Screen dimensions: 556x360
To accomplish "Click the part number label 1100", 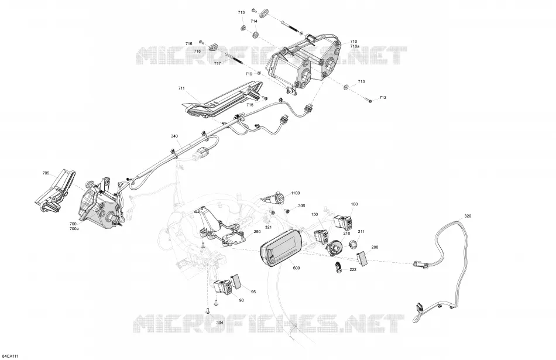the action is pyautogui.click(x=295, y=193).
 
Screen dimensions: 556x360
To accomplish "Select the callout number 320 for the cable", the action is pyautogui.click(x=468, y=216).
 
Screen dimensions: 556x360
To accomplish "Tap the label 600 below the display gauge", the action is pyautogui.click(x=297, y=268).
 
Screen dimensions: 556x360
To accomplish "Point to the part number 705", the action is pyautogui.click(x=46, y=173).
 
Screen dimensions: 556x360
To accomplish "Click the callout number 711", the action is pyautogui.click(x=181, y=88).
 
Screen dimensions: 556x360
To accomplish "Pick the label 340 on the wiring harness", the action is pyautogui.click(x=174, y=136).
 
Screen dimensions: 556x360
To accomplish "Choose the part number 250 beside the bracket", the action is pyautogui.click(x=257, y=232).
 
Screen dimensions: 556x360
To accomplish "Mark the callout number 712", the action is pyautogui.click(x=383, y=98).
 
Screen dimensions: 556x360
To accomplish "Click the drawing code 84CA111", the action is pyautogui.click(x=10, y=356).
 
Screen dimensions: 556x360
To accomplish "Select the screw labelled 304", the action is pyautogui.click(x=207, y=311).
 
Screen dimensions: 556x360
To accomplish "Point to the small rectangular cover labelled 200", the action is pyautogui.click(x=362, y=258).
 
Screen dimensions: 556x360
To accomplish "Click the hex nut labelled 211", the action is pyautogui.click(x=353, y=244).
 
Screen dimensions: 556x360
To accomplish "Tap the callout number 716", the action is pyautogui.click(x=188, y=44).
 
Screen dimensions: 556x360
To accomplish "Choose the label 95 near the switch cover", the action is pyautogui.click(x=253, y=292).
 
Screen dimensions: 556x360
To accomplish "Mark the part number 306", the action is pyautogui.click(x=301, y=205).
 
